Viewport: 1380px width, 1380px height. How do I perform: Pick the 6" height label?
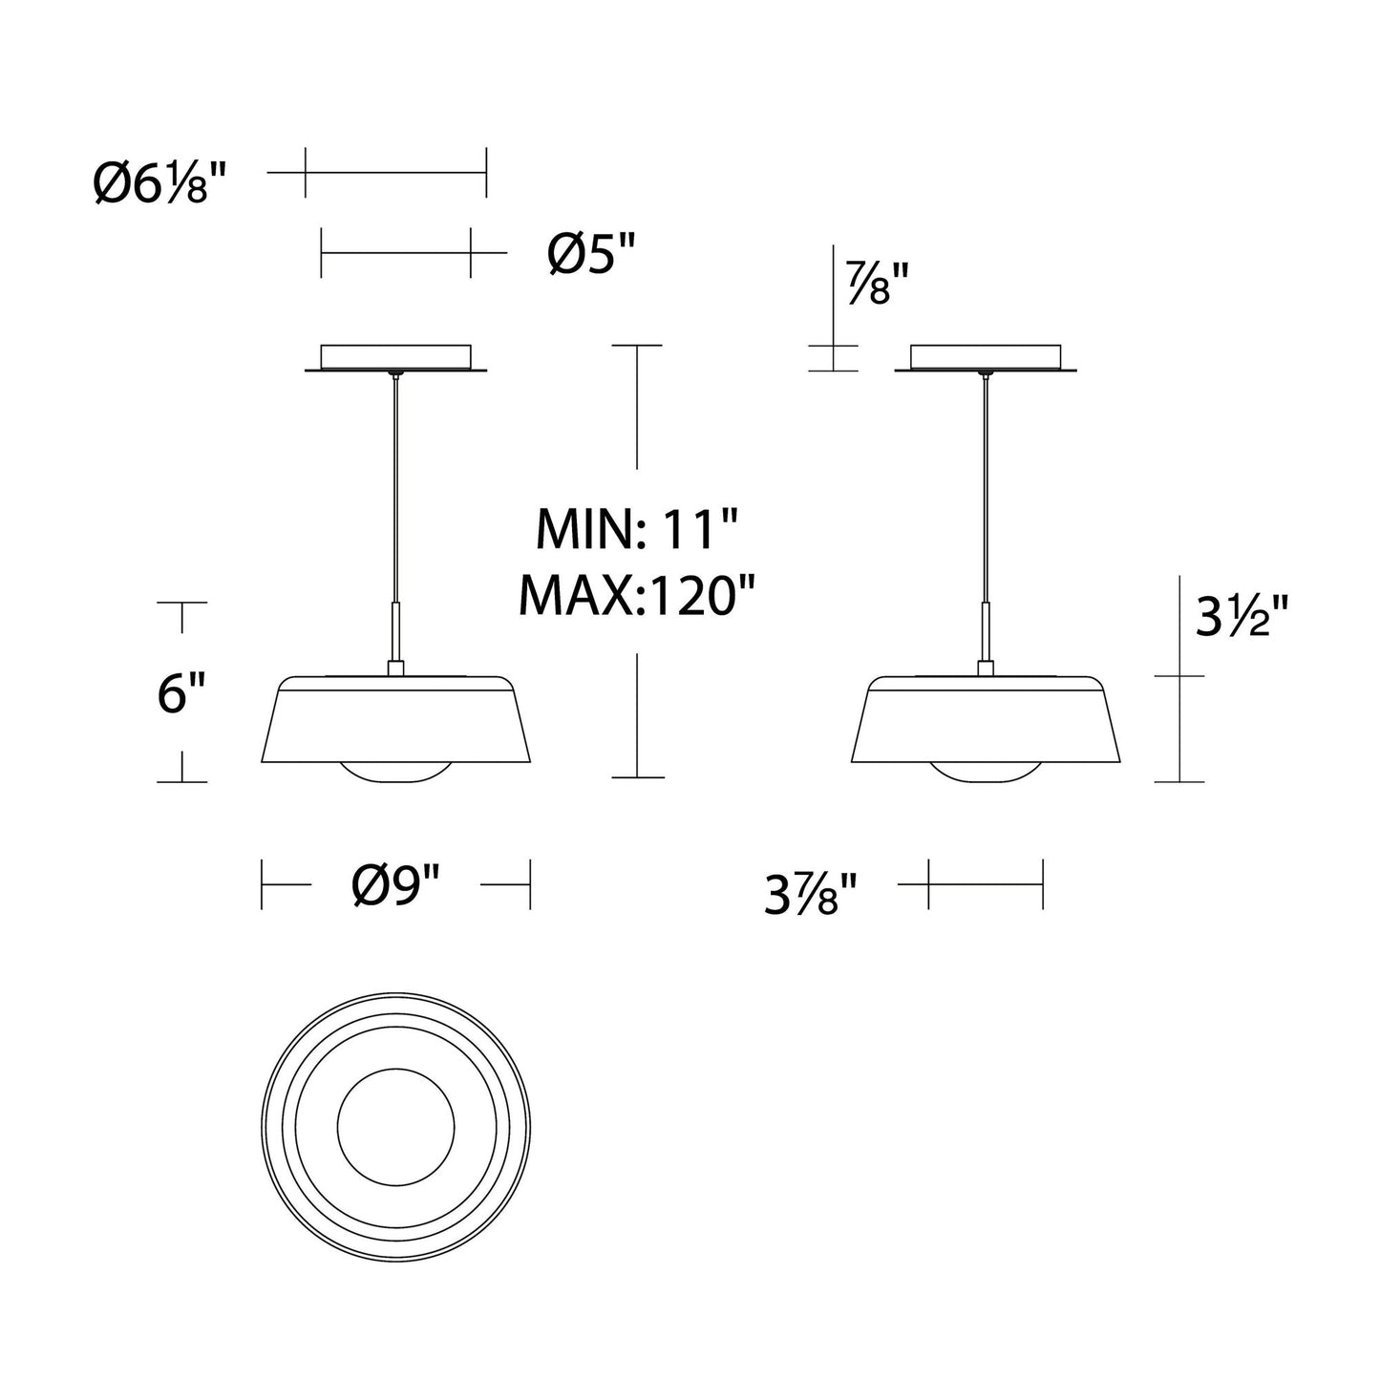coord(181,693)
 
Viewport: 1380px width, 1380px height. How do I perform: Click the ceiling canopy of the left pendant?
coord(395,358)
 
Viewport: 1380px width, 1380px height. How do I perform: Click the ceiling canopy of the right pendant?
coord(986,358)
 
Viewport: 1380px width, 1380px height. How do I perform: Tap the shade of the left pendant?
coord(395,721)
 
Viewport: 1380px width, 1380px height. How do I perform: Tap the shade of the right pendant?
coord(986,721)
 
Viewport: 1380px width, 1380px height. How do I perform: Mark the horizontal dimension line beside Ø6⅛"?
coord(395,173)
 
